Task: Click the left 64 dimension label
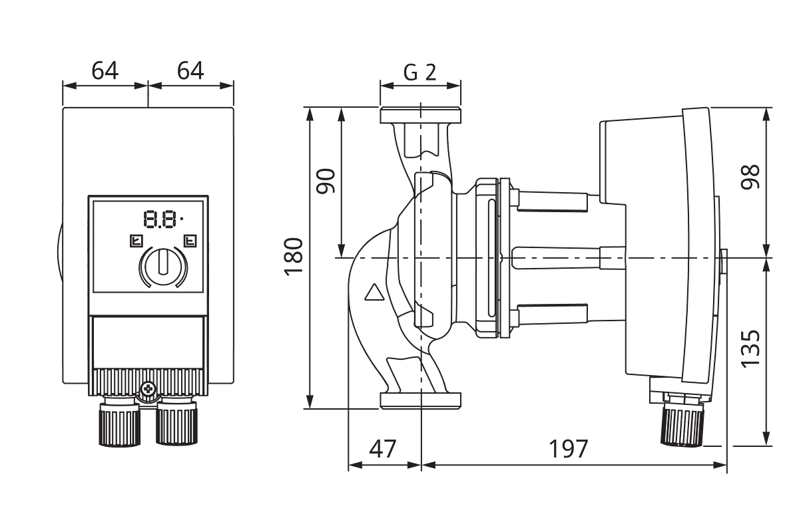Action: tap(105, 70)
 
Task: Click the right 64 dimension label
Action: tap(190, 70)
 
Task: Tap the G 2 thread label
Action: tap(420, 72)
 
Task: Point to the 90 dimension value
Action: tap(326, 181)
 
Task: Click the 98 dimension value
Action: tap(750, 177)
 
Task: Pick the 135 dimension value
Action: tap(750, 349)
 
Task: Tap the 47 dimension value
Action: tap(383, 449)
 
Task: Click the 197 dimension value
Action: tap(568, 449)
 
